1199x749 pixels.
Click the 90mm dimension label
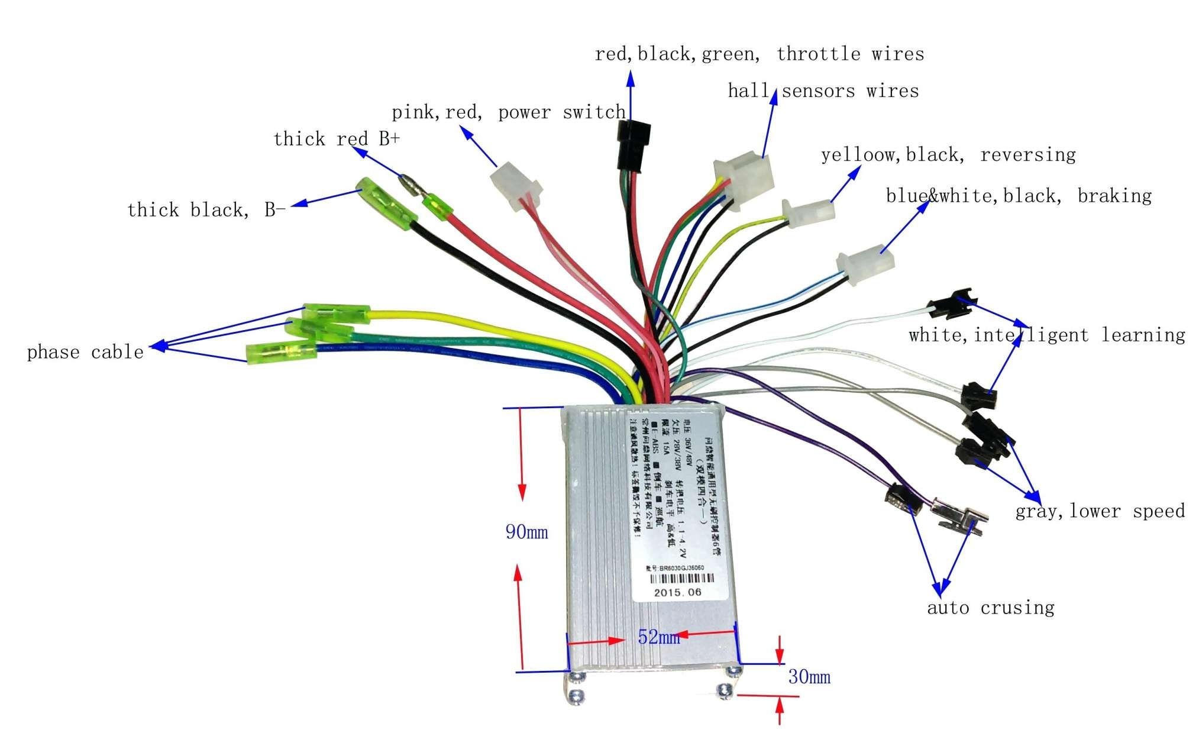coord(526,532)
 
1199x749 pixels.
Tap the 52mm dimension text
coord(658,637)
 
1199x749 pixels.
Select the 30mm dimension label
coord(809,676)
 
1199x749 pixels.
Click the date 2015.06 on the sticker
coord(677,592)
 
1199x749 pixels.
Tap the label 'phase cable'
coord(85,353)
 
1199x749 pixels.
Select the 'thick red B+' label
coord(336,139)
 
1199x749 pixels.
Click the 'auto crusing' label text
coord(990,608)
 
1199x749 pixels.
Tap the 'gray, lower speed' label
coord(1100,511)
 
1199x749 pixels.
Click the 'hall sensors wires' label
coord(823,91)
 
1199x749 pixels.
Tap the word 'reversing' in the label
coord(1027,155)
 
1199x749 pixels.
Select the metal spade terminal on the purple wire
coord(958,516)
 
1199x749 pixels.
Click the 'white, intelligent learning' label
coord(1046,335)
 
